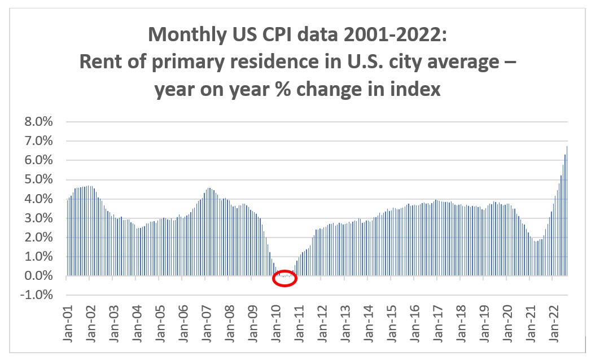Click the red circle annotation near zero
[284, 278]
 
